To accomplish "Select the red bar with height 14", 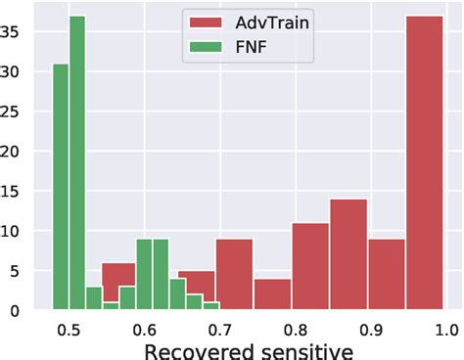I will coord(348,254).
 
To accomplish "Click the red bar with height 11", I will coord(309,266).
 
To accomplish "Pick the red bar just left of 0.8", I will coord(272,294).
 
